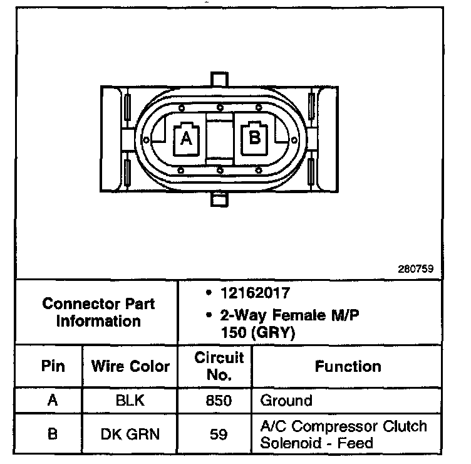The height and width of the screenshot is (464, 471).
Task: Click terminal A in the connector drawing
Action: [x=186, y=138]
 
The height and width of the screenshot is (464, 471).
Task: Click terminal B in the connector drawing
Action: [x=254, y=137]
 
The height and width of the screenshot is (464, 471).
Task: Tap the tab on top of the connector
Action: [x=219, y=80]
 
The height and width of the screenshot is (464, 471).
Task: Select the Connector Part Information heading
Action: [x=98, y=312]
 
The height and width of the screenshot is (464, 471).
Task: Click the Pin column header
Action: [x=53, y=366]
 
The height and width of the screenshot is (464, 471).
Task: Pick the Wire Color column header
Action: [x=130, y=366]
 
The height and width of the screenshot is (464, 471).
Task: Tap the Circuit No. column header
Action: [x=219, y=366]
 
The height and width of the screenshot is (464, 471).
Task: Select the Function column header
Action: [x=348, y=366]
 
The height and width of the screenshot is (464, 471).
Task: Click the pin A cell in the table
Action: [x=53, y=399]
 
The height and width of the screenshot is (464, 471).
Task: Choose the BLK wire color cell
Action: [x=130, y=399]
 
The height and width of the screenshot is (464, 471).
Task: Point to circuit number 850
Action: [x=219, y=399]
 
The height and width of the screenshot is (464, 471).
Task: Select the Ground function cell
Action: [x=286, y=399]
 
